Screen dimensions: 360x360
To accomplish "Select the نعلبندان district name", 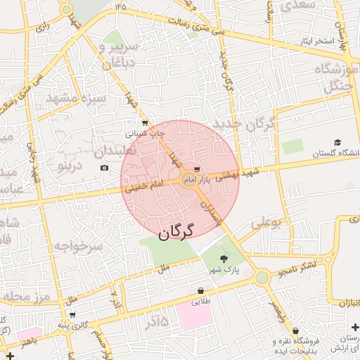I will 119,151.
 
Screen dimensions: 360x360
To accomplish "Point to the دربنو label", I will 70,167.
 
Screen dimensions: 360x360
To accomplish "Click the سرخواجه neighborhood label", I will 77,246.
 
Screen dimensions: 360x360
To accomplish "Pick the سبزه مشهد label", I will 76,98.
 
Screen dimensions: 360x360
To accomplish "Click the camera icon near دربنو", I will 105,167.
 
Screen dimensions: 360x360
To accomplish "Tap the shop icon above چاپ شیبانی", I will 145,123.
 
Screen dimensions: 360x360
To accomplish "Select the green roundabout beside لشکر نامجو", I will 262,278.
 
